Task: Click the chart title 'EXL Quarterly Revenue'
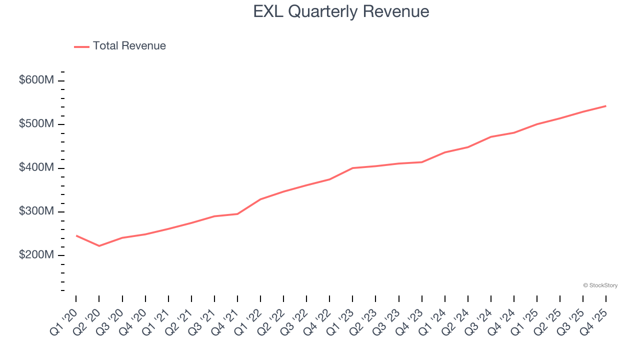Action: [341, 11]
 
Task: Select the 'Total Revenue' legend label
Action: [129, 46]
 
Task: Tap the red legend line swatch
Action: [81, 46]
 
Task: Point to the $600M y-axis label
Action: [36, 80]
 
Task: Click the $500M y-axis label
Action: [36, 124]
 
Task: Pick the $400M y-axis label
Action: [36, 168]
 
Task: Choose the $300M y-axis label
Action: [36, 211]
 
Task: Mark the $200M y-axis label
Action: [36, 255]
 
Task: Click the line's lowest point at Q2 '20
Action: [99, 245]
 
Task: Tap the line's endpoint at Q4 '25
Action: [605, 106]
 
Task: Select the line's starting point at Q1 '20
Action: [76, 235]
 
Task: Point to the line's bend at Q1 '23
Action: [352, 168]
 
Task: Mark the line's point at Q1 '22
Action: [260, 199]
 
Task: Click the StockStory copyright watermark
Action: [600, 285]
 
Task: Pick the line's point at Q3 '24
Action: [491, 136]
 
